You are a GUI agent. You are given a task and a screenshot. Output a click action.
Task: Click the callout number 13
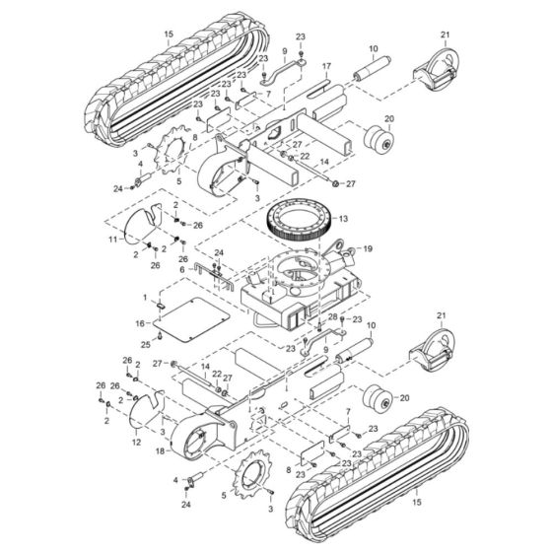pyautogui.click(x=344, y=219)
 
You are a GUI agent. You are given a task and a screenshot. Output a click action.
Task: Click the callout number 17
pyautogui.click(x=324, y=67)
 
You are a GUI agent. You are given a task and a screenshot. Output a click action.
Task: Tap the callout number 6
pyautogui.click(x=181, y=269)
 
